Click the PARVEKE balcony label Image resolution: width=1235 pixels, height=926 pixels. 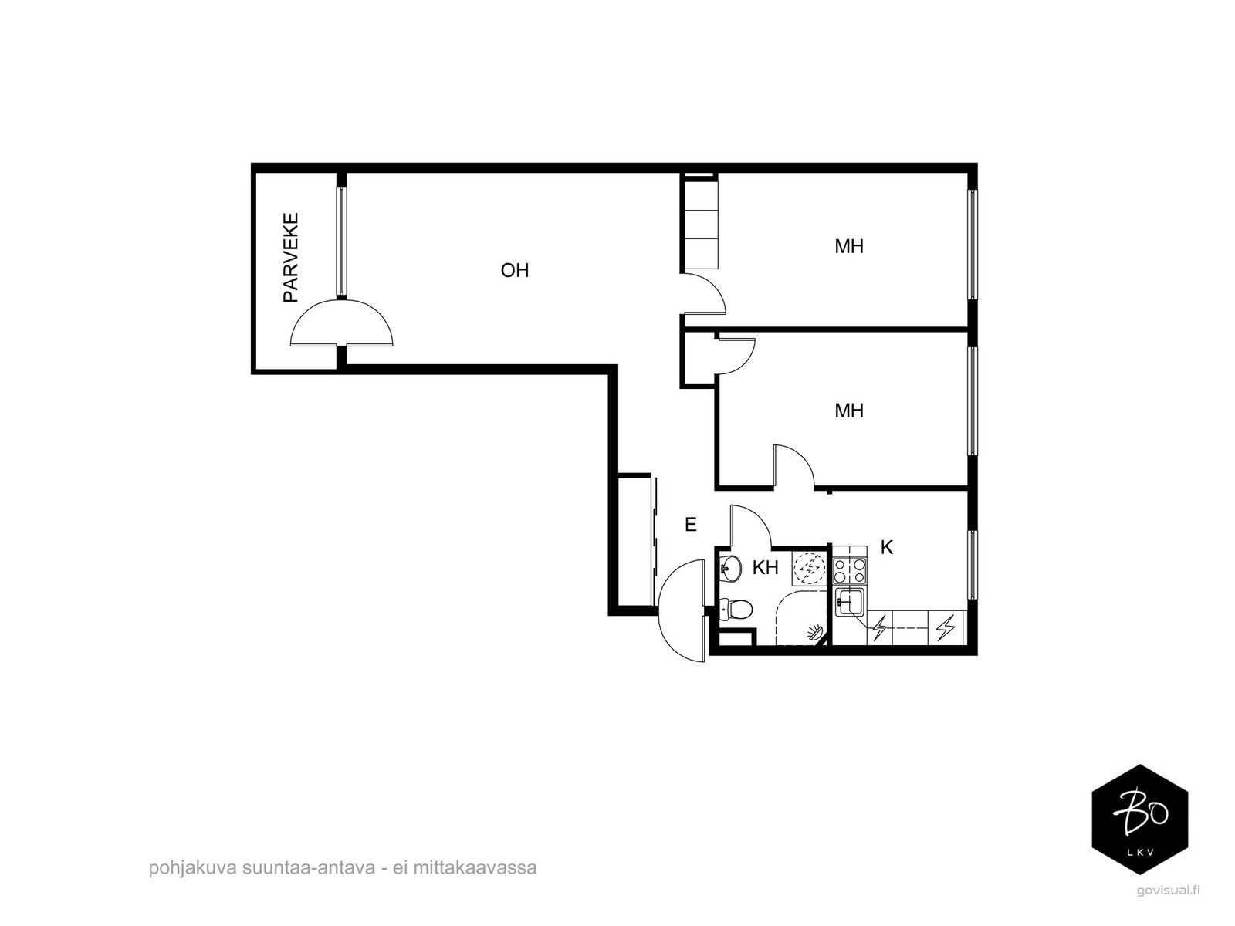point(291,258)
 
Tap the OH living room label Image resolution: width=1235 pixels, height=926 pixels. point(515,270)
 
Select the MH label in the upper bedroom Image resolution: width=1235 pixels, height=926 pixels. point(849,246)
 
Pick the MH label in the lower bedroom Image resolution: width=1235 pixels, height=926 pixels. point(849,411)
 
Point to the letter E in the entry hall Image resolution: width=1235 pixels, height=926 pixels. point(690,525)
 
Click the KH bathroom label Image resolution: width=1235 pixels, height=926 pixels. point(766,568)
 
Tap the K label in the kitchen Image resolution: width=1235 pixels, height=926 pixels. point(887,547)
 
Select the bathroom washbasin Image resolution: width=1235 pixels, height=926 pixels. point(730,569)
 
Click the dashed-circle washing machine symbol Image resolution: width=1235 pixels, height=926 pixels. point(810,569)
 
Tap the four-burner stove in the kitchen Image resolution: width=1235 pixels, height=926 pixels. point(850,570)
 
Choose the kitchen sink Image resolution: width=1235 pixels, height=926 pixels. point(850,603)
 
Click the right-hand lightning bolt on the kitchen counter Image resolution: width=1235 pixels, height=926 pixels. point(946,628)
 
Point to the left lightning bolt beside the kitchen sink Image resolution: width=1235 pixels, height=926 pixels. point(879,628)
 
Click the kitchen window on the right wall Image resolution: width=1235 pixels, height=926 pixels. point(972,565)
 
